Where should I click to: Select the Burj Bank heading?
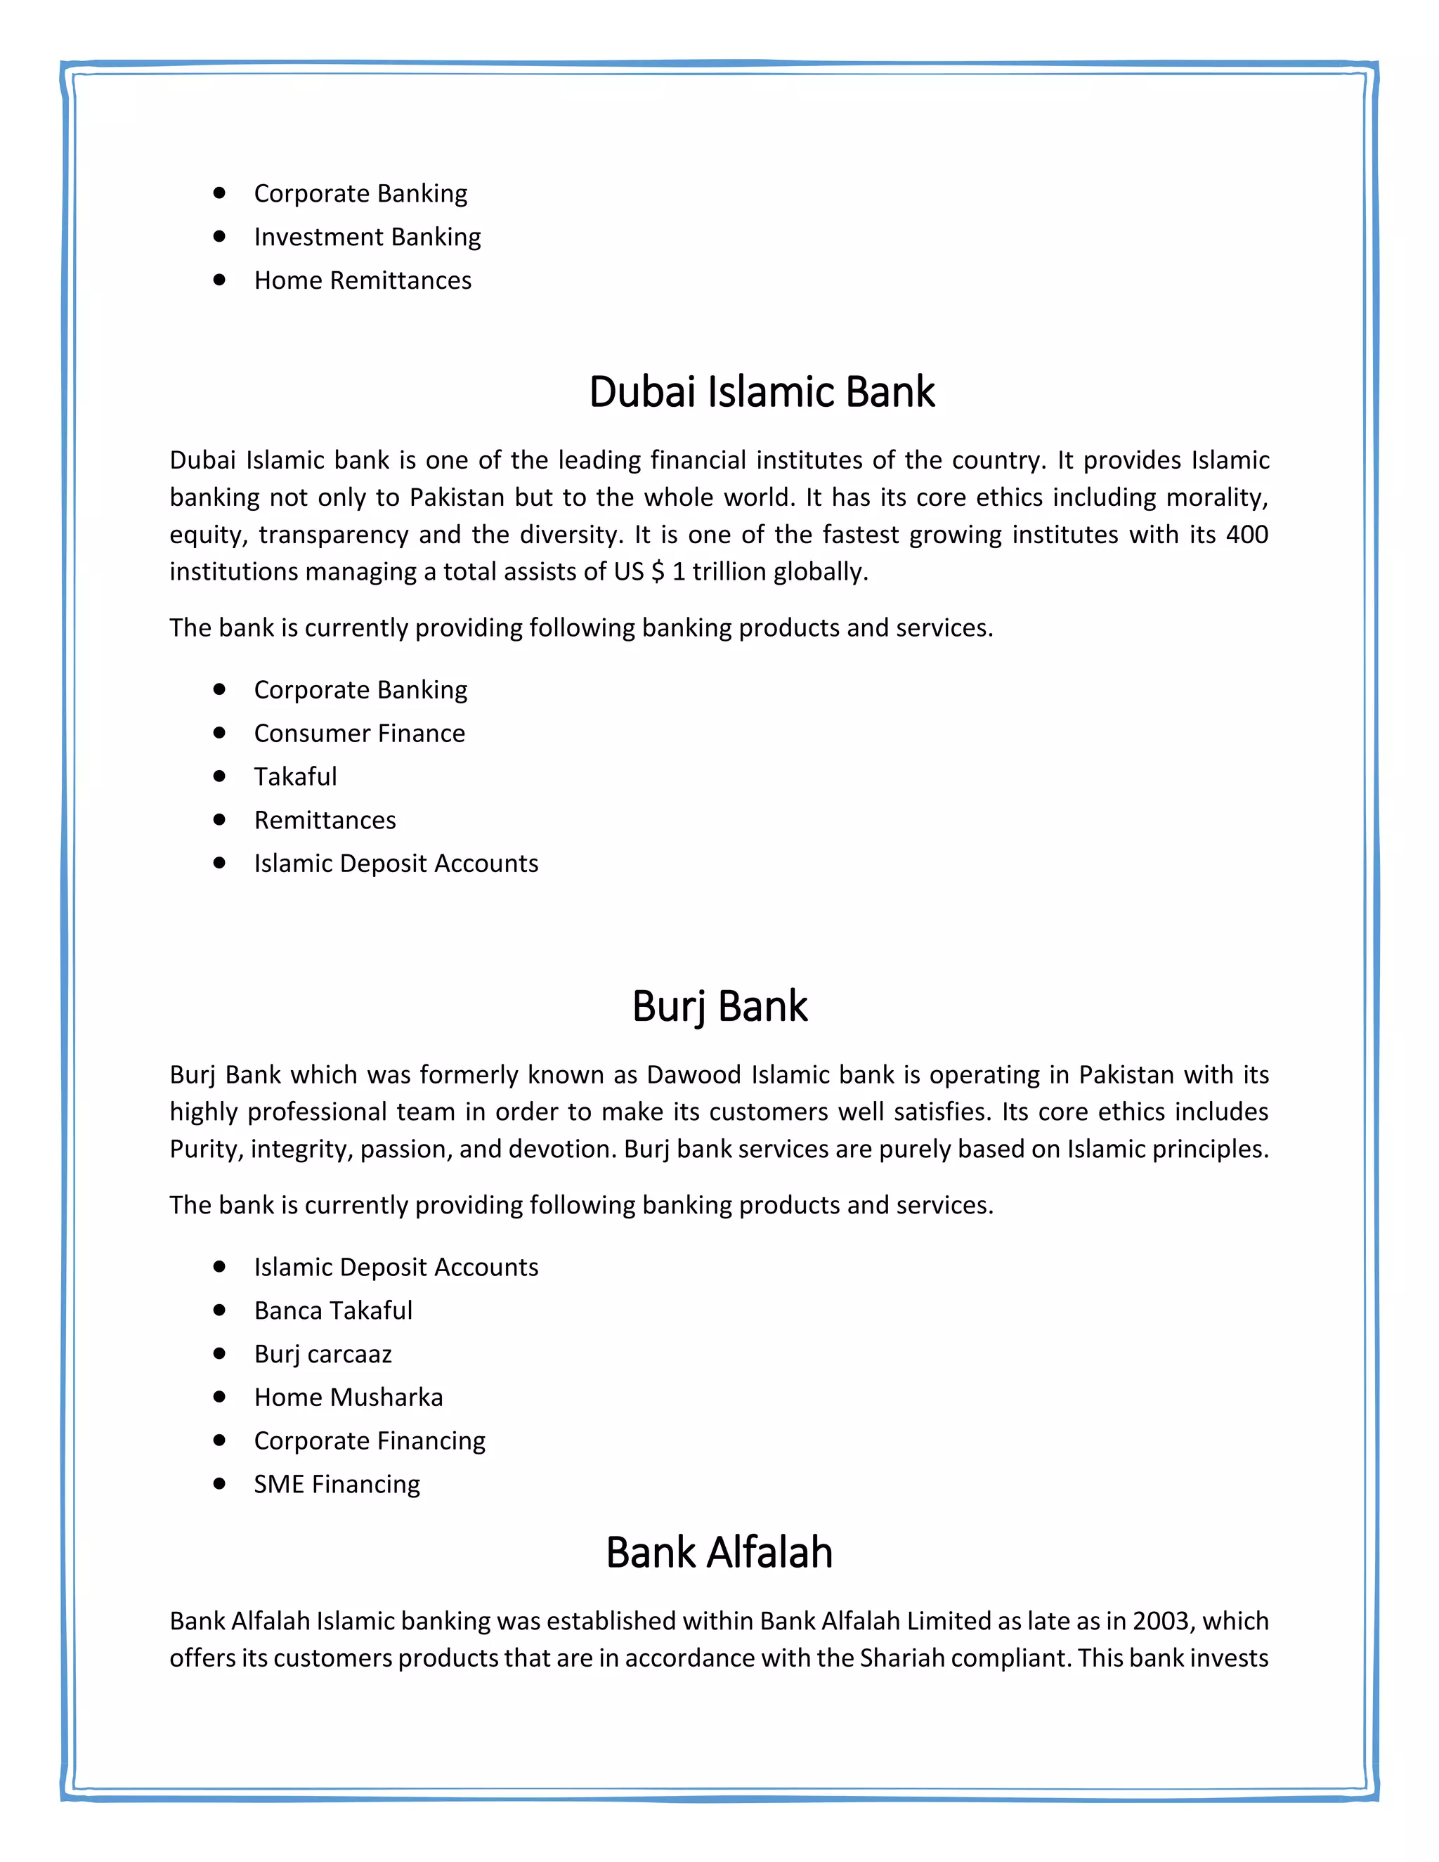tap(719, 1006)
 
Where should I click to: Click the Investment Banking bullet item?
tap(367, 237)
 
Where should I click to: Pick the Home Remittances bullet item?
tap(363, 280)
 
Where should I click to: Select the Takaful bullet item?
tap(295, 776)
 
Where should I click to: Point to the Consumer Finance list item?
tap(359, 733)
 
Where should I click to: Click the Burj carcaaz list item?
tap(323, 1354)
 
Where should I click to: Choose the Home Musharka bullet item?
tap(348, 1398)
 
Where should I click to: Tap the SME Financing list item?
tap(337, 1484)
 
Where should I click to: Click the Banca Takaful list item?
tap(332, 1310)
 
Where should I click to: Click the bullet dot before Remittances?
tap(220, 819)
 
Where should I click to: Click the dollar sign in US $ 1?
tap(656, 571)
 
